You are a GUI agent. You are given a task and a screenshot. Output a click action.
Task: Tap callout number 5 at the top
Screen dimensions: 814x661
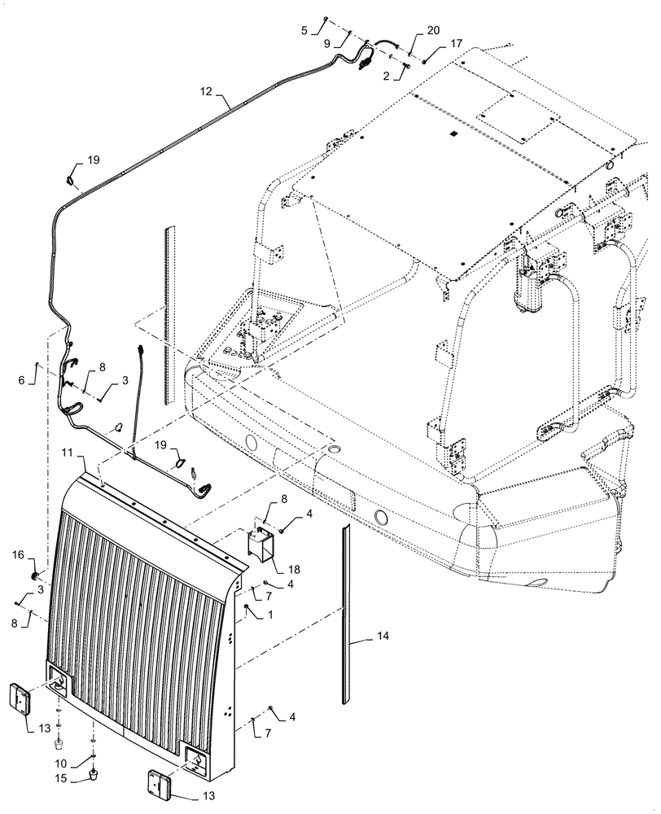(x=305, y=31)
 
